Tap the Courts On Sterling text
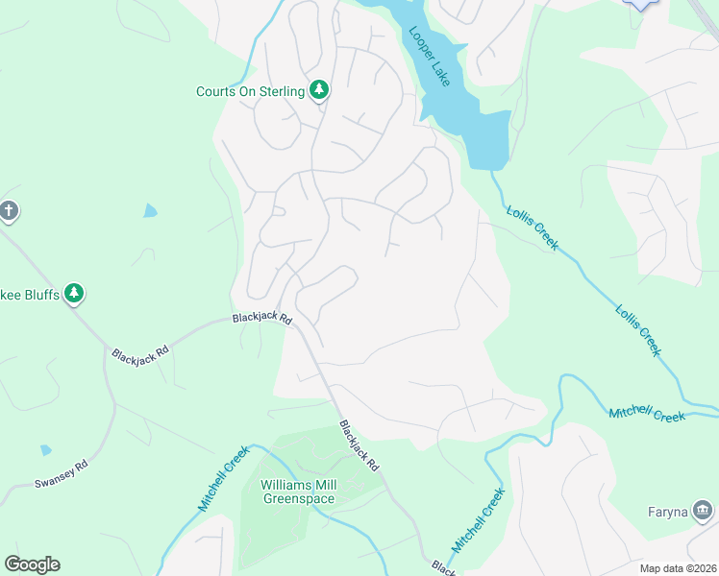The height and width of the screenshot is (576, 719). pyautogui.click(x=250, y=92)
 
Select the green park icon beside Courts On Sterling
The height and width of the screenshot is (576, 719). pyautogui.click(x=319, y=90)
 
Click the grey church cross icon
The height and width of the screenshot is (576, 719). pyautogui.click(x=9, y=210)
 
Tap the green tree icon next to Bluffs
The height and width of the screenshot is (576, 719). pyautogui.click(x=75, y=294)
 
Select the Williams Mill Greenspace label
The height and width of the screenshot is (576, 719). pyautogui.click(x=297, y=492)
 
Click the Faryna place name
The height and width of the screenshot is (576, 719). pyautogui.click(x=666, y=512)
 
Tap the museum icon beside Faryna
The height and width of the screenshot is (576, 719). pyautogui.click(x=704, y=510)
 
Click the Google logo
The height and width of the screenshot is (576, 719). pyautogui.click(x=32, y=564)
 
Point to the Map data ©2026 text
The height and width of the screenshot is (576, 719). pyautogui.click(x=678, y=568)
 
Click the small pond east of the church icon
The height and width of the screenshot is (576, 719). pyautogui.click(x=150, y=210)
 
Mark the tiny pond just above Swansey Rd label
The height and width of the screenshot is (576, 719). pyautogui.click(x=46, y=449)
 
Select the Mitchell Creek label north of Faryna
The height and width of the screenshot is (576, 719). pyautogui.click(x=646, y=415)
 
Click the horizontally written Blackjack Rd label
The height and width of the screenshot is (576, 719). pyautogui.click(x=260, y=318)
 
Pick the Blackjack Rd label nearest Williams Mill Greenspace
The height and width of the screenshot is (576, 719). pyautogui.click(x=359, y=444)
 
